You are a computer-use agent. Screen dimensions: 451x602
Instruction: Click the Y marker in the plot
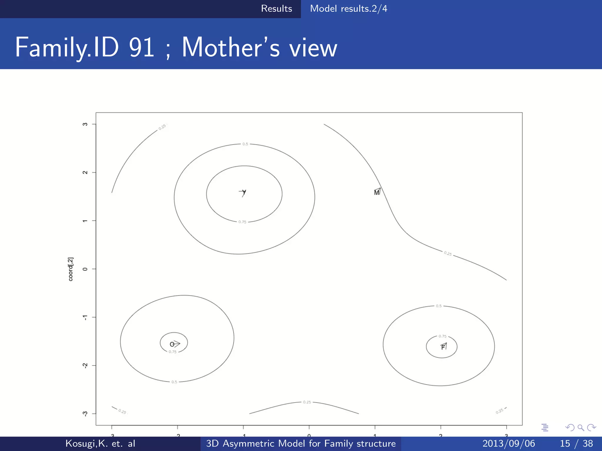pos(244,192)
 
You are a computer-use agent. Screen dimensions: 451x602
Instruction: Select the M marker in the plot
pos(377,192)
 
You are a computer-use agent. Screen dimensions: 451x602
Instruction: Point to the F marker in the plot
pos(443,347)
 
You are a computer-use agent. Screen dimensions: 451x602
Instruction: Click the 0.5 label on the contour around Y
pos(245,144)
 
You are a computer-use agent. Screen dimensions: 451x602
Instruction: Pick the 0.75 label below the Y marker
pos(242,222)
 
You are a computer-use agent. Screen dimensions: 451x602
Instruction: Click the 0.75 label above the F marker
pos(442,336)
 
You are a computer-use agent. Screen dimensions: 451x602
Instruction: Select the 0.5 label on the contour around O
pos(174,382)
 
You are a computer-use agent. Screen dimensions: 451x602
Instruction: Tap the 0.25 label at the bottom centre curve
pos(307,402)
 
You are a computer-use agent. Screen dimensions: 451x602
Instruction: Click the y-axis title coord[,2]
pos(71,269)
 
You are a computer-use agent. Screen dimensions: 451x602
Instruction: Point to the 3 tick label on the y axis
pos(85,124)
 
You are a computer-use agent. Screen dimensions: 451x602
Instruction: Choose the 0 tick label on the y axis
pos(85,269)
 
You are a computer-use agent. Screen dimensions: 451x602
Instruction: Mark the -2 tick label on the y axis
pos(85,366)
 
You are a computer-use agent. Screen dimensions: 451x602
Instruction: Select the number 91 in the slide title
pos(142,48)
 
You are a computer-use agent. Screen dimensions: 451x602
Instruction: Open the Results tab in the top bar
pos(276,9)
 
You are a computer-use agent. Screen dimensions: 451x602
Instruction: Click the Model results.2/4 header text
pos(349,9)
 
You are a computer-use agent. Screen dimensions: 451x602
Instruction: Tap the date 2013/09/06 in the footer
pos(509,443)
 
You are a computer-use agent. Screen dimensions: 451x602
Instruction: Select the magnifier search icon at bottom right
pos(581,428)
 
